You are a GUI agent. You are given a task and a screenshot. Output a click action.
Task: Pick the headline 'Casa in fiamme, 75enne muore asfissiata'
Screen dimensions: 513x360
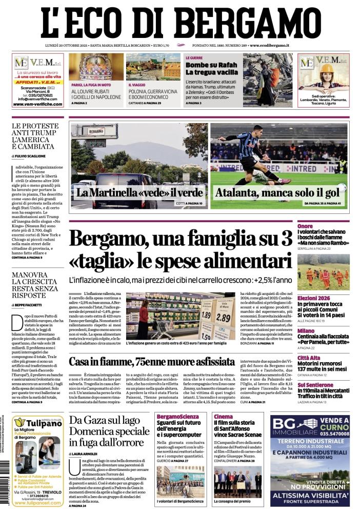point(152,362)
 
